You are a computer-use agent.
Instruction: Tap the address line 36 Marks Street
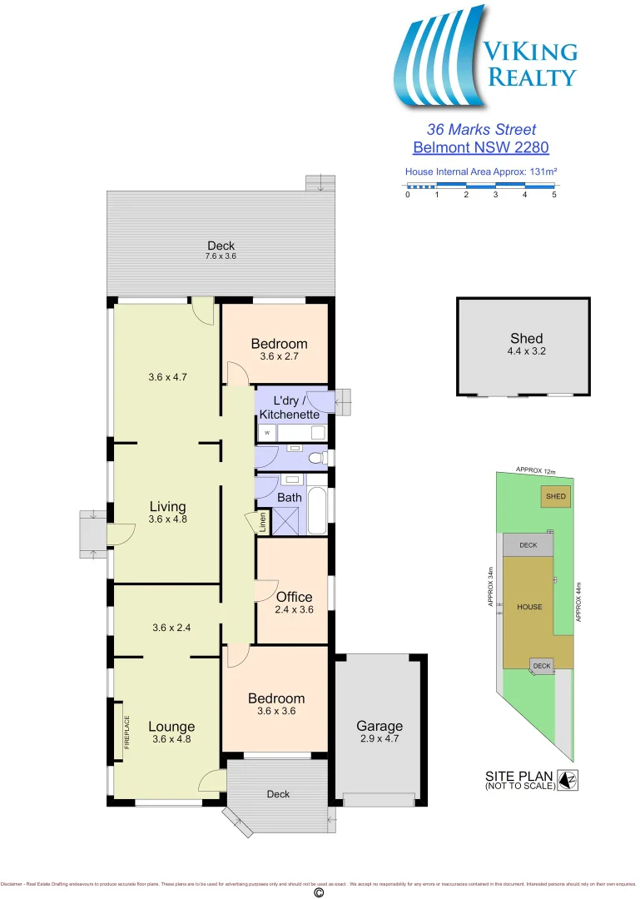tap(481, 130)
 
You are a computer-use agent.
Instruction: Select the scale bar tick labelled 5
tap(553, 195)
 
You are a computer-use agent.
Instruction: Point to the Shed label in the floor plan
tap(526, 338)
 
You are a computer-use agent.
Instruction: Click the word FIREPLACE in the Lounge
tap(127, 733)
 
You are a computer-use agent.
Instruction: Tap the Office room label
tap(294, 597)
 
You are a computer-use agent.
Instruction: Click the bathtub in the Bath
tap(318, 509)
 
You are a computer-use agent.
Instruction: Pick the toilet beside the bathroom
tap(315, 458)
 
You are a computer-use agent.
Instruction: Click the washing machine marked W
tap(266, 433)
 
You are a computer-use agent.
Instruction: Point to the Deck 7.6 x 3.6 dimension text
tap(221, 256)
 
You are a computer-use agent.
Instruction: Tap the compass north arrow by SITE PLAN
tap(568, 780)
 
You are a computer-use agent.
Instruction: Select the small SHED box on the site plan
tap(555, 497)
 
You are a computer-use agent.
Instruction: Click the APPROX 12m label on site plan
tap(535, 469)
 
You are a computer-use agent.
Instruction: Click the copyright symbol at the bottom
tap(318, 892)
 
